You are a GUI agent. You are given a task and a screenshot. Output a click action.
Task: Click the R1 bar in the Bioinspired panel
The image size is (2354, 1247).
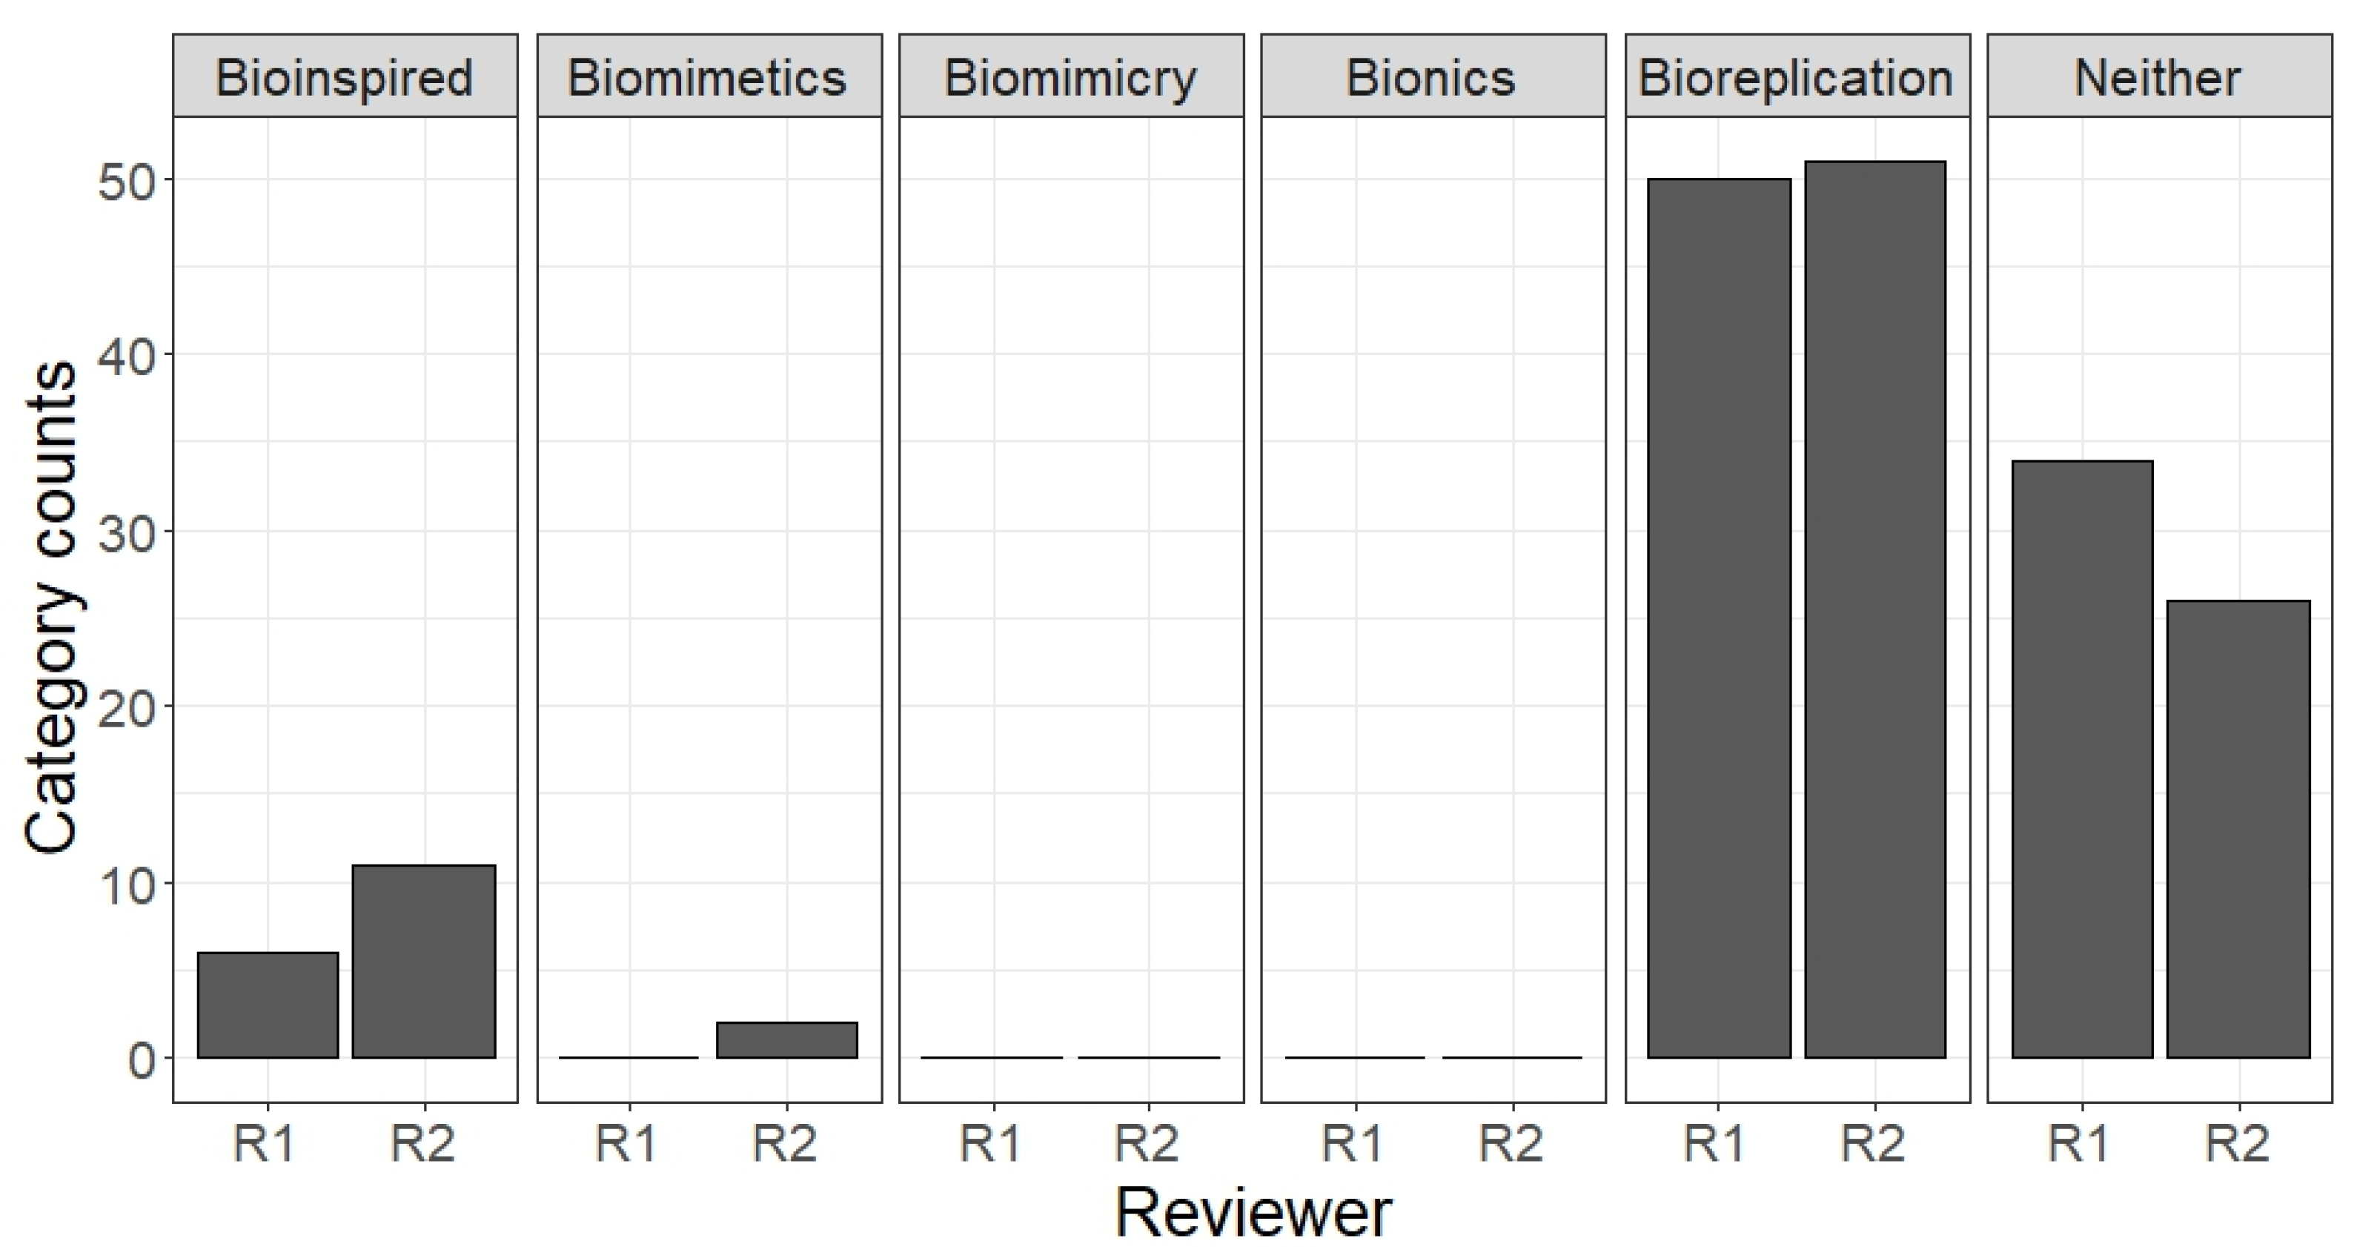268,1005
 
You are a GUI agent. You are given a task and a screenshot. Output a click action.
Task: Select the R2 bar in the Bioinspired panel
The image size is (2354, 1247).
424,961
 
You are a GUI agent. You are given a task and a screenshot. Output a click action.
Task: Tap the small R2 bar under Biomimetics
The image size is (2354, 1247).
787,1040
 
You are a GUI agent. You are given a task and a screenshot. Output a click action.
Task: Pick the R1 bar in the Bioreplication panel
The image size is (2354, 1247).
1719,618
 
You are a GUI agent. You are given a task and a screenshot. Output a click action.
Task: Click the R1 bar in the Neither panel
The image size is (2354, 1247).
2083,759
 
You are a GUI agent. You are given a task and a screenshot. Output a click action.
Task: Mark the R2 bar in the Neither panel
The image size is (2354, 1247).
2238,828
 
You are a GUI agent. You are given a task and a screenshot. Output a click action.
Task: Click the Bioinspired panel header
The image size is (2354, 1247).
345,77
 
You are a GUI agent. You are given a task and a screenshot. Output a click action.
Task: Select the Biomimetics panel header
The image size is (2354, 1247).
709,77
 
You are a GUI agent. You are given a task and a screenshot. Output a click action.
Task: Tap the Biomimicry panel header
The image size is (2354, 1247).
1071,77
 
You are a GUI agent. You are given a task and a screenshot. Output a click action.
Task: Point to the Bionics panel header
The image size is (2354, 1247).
1432,77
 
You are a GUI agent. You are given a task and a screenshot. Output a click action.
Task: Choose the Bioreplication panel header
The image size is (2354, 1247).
1797,77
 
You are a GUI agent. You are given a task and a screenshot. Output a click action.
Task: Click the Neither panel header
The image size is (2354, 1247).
2158,77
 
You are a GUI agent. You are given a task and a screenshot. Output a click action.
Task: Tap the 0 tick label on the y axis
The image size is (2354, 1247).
142,1060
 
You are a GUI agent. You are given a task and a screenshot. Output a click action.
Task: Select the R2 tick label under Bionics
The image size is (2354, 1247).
1511,1142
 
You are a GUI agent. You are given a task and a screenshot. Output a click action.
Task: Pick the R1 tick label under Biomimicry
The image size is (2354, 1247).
990,1142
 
